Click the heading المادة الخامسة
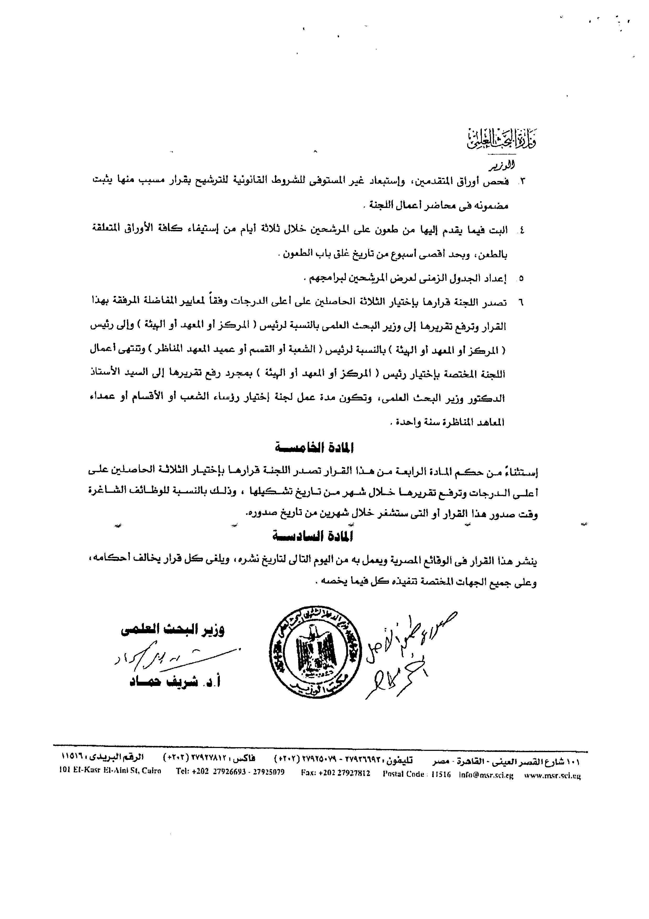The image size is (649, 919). pos(314,448)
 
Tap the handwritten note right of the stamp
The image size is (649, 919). pos(404,656)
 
